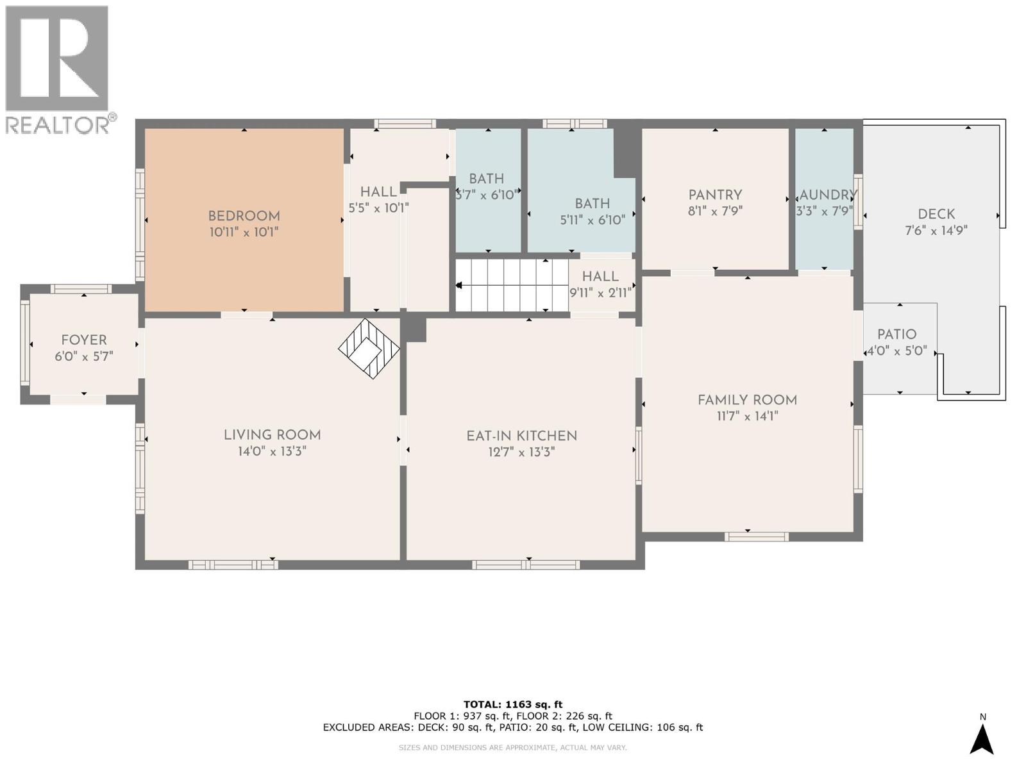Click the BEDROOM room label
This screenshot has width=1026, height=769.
(x=244, y=216)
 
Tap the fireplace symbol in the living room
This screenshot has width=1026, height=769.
(x=369, y=349)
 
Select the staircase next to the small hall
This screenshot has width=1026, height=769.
(x=512, y=285)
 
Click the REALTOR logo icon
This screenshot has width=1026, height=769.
(x=57, y=58)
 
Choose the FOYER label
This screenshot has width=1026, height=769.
(x=84, y=340)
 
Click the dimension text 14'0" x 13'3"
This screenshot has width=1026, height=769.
(x=272, y=452)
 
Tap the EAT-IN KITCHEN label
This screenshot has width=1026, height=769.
(x=521, y=436)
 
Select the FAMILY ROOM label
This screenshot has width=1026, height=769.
(x=748, y=400)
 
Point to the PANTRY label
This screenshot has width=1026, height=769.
(x=715, y=195)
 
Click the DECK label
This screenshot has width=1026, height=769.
(x=936, y=214)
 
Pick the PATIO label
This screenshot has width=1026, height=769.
(x=897, y=335)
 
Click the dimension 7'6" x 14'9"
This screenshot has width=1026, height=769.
(x=936, y=231)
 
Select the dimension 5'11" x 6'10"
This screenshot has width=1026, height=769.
(x=593, y=220)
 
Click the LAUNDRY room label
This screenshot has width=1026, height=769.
(x=827, y=195)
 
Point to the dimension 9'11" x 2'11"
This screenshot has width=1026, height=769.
(x=601, y=293)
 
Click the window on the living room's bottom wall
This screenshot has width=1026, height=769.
(x=233, y=565)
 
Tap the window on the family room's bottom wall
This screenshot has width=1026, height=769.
(x=756, y=537)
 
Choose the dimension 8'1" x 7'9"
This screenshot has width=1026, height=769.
(x=715, y=211)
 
